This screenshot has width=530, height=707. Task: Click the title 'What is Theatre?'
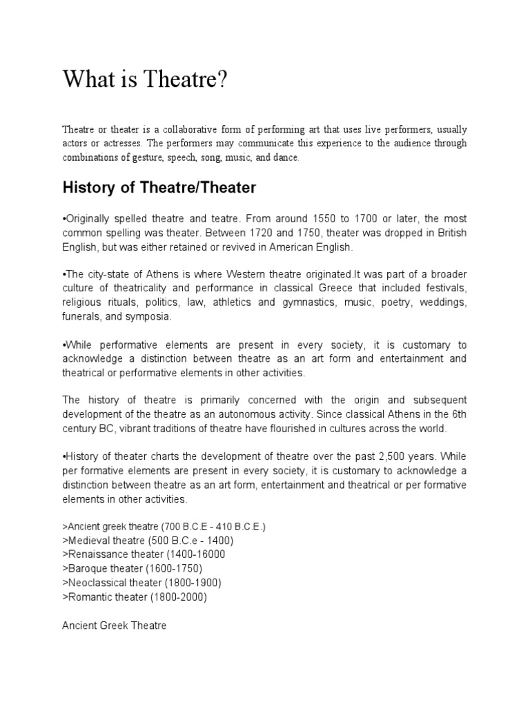point(144,80)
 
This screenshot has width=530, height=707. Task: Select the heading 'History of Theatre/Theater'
point(159,187)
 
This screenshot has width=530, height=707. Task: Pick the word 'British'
point(450,233)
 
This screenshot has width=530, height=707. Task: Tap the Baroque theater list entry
point(132,568)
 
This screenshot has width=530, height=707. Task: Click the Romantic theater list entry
point(135,597)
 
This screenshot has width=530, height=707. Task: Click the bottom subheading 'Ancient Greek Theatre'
point(115,626)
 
